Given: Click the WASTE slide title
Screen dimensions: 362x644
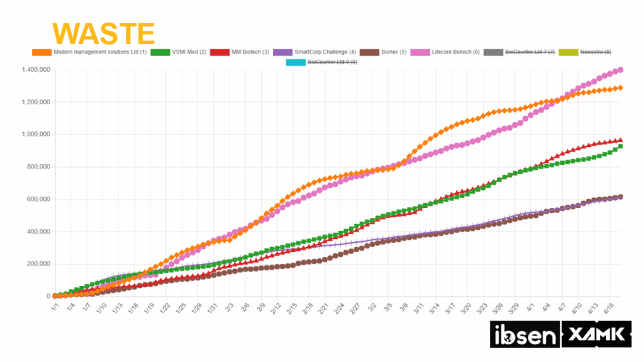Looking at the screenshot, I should tap(104, 33).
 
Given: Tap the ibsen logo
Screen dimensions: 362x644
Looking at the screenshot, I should tap(524, 334).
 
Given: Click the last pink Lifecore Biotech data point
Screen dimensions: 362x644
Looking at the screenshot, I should tap(620, 70).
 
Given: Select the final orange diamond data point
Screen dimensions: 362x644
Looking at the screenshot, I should tap(620, 88).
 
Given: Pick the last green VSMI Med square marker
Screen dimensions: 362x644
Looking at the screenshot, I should tap(620, 146).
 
